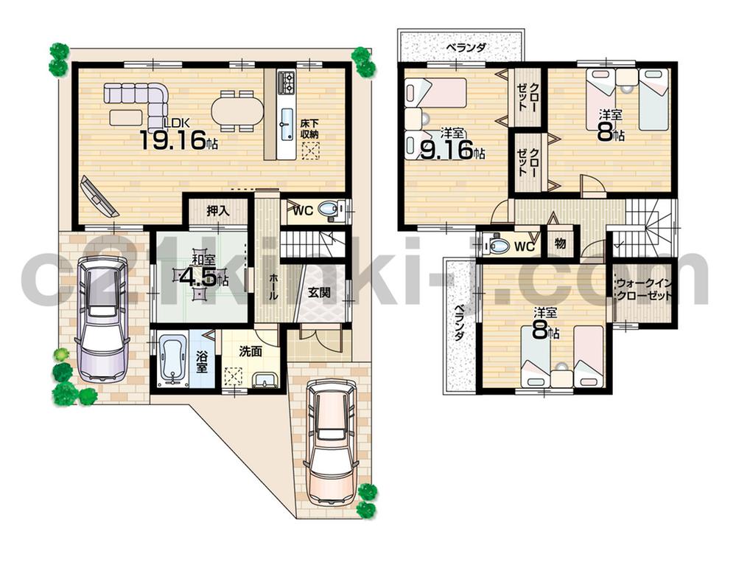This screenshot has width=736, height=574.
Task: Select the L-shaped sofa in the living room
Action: (140, 100)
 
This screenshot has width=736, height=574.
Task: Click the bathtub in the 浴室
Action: (174, 360)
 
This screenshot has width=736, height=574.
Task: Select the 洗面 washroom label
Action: (250, 352)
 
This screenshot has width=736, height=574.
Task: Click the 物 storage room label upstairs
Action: (560, 243)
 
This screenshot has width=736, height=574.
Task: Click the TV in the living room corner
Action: (98, 195)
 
